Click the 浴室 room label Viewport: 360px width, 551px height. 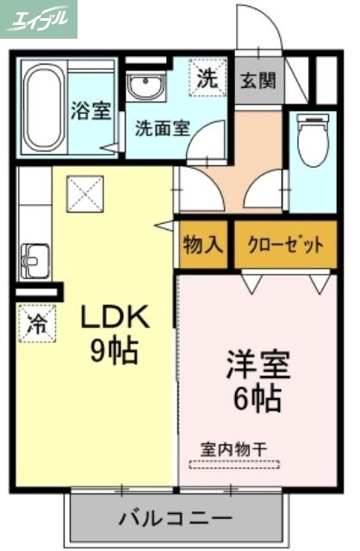[90, 111]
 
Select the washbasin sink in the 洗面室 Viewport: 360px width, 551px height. [146, 86]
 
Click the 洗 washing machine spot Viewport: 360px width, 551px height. [208, 78]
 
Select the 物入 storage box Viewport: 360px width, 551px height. [203, 245]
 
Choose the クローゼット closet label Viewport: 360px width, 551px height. [285, 245]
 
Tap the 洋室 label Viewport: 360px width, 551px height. [258, 364]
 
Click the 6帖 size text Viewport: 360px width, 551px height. [258, 398]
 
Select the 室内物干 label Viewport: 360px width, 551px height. [235, 449]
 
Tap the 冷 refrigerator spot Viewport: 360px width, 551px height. [37, 324]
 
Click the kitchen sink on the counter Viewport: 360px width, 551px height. [34, 257]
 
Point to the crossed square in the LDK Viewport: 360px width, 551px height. [85, 194]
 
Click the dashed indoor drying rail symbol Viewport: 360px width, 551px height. [234, 464]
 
